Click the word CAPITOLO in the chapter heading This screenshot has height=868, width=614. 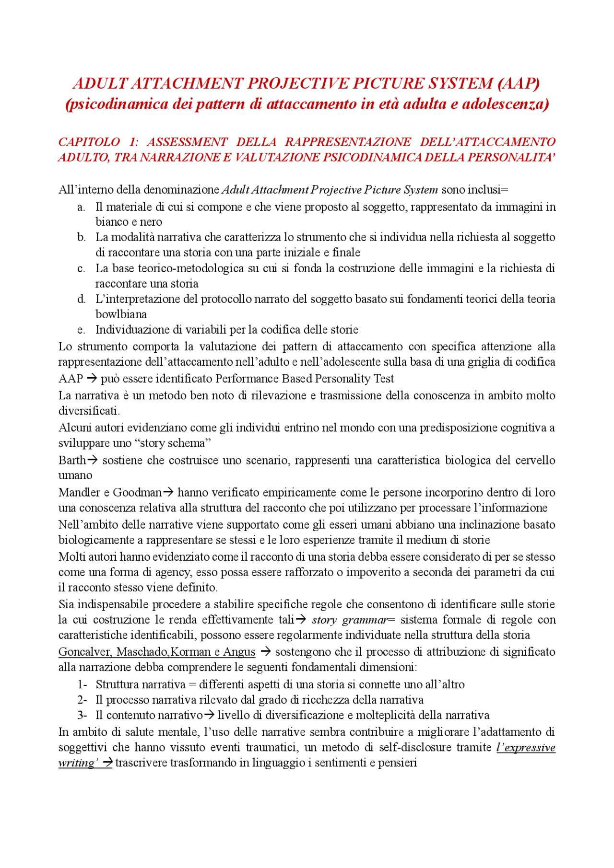pos(89,142)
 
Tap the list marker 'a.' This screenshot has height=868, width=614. pos(82,207)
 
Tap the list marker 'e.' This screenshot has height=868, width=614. pos(82,330)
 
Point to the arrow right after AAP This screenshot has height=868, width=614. pos(92,379)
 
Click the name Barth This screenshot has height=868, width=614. pos(72,460)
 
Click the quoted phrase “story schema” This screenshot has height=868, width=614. pos(173,443)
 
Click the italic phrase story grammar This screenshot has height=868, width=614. pos(349,620)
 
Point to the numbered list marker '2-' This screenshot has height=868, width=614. pos(82,700)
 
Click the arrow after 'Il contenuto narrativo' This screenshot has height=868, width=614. pos(209,715)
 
